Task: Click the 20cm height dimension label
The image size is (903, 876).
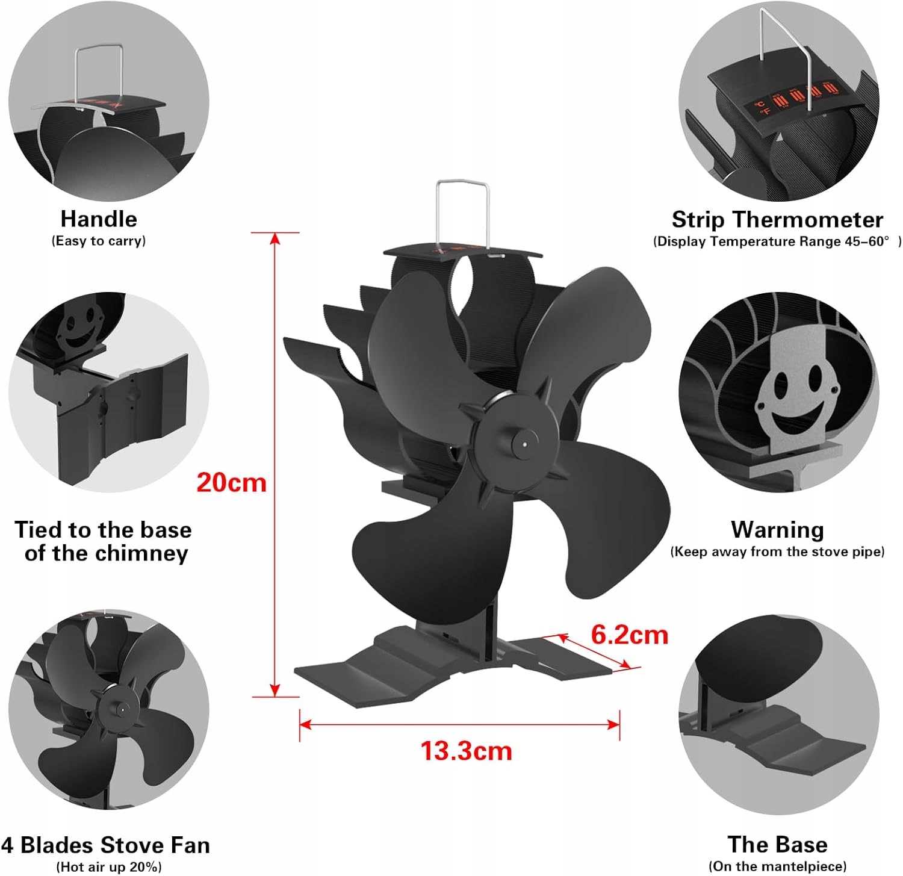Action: click(231, 483)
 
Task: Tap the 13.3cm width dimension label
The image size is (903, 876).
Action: click(466, 751)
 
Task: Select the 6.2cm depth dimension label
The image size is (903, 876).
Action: click(630, 635)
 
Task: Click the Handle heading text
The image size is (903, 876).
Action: click(99, 219)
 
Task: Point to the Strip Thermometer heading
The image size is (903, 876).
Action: click(777, 220)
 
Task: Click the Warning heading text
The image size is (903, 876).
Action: click(777, 530)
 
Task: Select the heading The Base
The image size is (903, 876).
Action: click(777, 844)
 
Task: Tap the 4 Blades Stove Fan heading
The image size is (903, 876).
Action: click(106, 845)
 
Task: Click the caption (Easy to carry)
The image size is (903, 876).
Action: click(99, 241)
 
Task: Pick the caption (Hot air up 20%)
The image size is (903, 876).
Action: click(109, 867)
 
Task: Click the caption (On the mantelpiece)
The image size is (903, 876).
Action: click(777, 866)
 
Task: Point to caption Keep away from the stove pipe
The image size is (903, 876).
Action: click(777, 552)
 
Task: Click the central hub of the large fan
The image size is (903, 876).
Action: click(523, 444)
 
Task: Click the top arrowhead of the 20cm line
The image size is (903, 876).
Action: click(275, 239)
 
